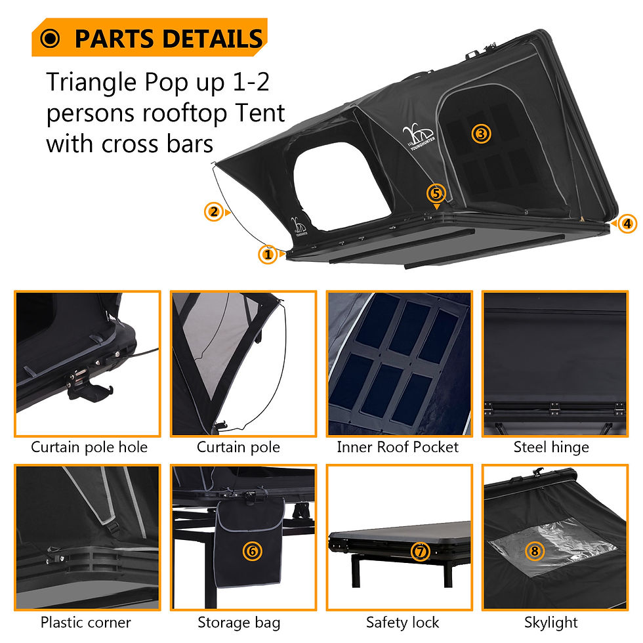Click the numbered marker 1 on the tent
tap(267, 254)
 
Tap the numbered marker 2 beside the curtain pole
tap(213, 212)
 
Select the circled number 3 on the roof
tap(481, 134)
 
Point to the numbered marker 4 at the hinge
tap(628, 224)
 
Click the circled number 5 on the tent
tap(436, 193)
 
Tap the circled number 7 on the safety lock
tap(420, 551)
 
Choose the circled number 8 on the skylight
tap(535, 551)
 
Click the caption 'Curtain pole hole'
tap(89, 447)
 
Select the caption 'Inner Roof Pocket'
tap(398, 447)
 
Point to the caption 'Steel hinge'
tap(551, 447)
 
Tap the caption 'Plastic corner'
tap(86, 622)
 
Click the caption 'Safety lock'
tap(402, 622)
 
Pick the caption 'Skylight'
tap(551, 622)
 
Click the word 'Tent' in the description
tap(259, 113)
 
